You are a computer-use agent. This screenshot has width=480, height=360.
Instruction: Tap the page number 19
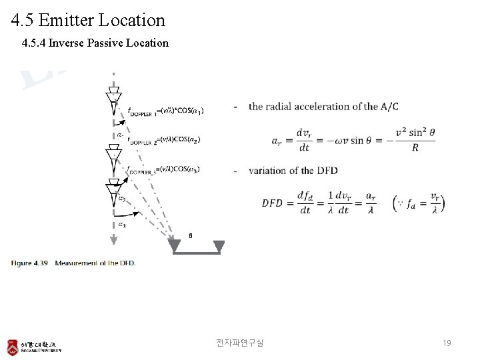(447, 343)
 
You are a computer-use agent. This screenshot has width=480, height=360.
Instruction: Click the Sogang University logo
(34, 347)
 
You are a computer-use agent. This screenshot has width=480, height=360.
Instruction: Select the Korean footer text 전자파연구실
(239, 343)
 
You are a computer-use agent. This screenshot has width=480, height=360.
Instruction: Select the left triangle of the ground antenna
(175, 247)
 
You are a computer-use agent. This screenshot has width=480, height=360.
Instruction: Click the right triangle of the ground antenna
(217, 247)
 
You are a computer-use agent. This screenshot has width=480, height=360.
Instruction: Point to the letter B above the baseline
(191, 235)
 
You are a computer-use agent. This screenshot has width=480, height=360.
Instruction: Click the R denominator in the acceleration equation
(415, 147)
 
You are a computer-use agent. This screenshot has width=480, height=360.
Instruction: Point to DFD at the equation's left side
(272, 203)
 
